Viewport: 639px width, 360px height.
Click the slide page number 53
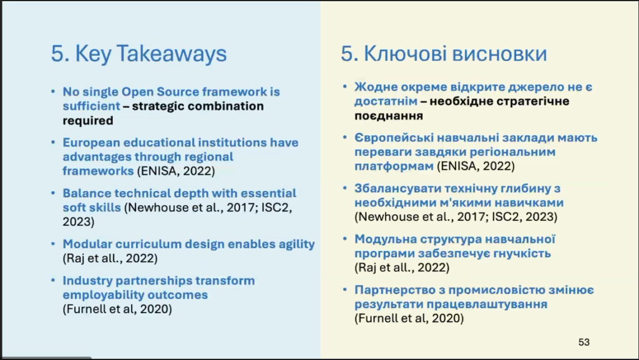[584, 342]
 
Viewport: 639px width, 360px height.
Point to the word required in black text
[87, 121]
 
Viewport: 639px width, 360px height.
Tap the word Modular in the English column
[87, 244]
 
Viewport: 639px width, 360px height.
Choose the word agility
[296, 245]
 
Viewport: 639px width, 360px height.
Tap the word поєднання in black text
[388, 116]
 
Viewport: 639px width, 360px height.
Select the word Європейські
[394, 138]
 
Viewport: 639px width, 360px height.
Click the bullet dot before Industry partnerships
[54, 281]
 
